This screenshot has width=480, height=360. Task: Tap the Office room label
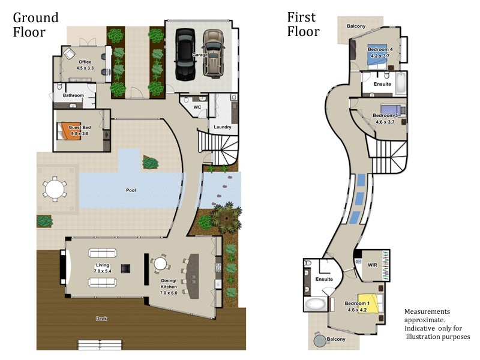(84, 62)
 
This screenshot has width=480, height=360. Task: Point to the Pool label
(131, 190)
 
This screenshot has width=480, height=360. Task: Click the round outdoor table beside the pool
(55, 190)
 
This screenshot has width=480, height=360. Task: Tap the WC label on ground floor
(197, 107)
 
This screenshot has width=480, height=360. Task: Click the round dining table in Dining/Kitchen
(160, 263)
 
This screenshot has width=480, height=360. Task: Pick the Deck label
(101, 319)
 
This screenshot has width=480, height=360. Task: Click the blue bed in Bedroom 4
(372, 56)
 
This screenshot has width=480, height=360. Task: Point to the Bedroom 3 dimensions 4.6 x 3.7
(385, 122)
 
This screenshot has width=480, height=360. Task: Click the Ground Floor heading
(36, 25)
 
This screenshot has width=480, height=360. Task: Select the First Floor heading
(304, 25)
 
